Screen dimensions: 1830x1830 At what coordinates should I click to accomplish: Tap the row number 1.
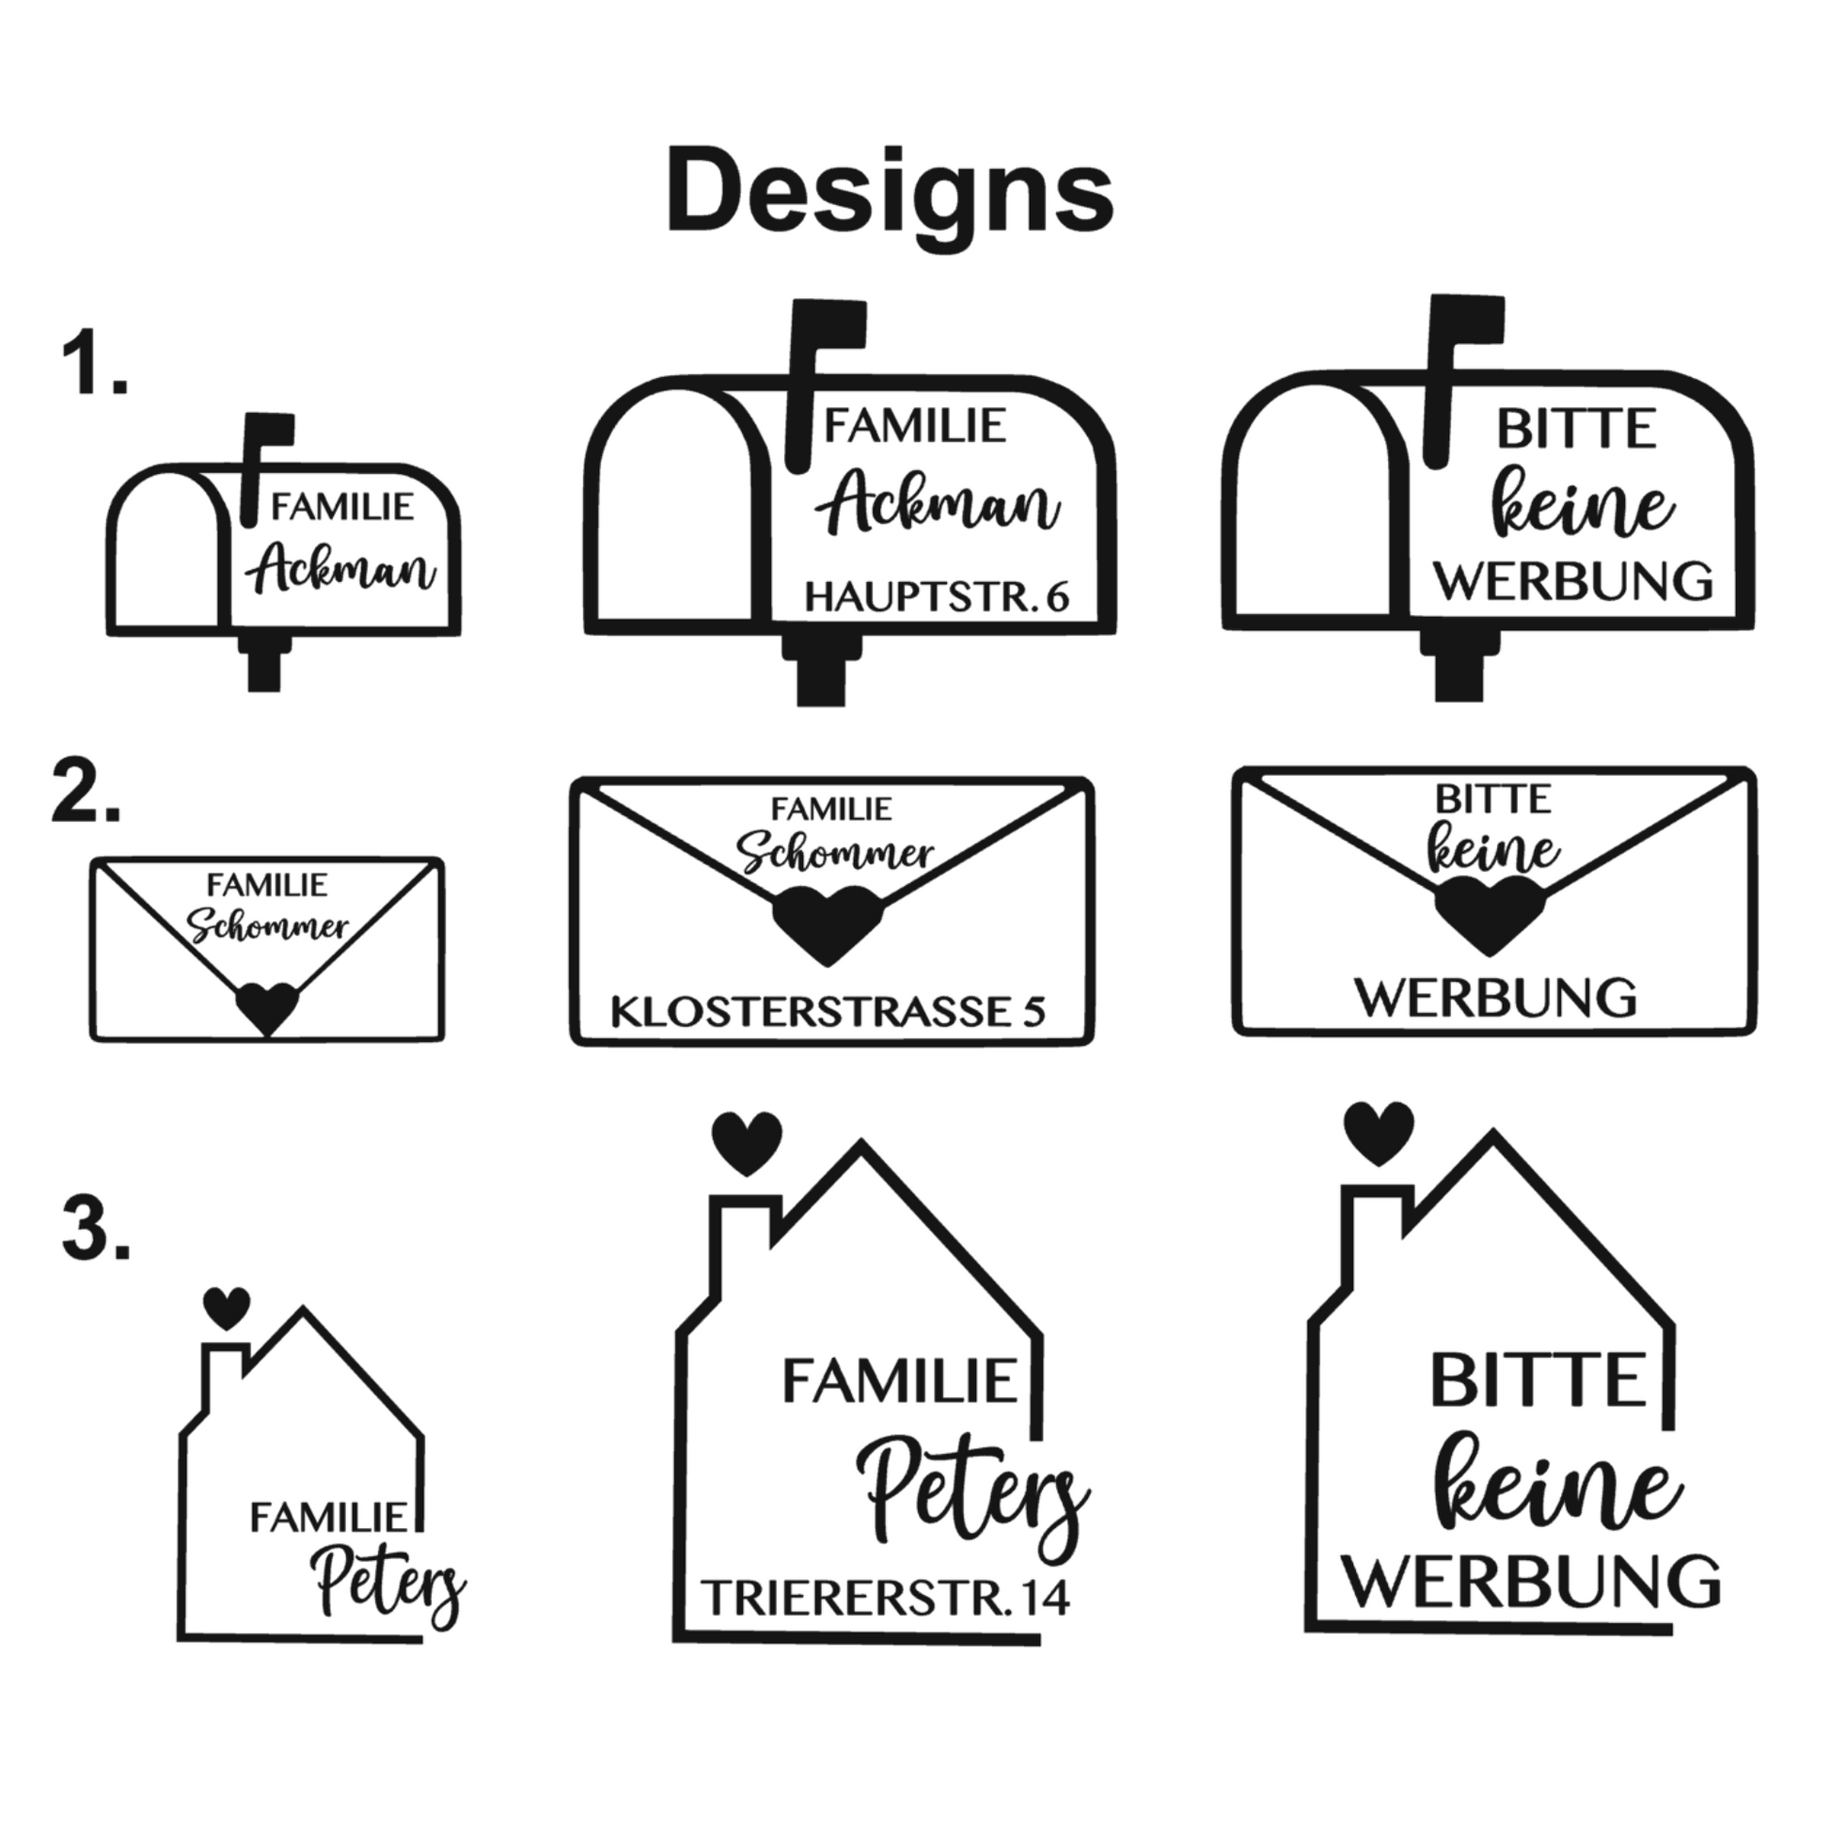(93, 363)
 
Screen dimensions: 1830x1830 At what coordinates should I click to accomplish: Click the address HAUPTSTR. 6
(936, 598)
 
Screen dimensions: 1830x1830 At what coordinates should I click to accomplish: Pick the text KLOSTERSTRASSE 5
(827, 1012)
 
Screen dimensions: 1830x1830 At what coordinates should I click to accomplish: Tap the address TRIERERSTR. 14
(885, 1598)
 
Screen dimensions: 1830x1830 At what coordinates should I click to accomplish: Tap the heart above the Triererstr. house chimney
(748, 1142)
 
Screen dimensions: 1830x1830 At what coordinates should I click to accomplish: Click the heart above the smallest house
(228, 1308)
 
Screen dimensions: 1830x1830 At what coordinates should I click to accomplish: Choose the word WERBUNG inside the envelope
(1495, 999)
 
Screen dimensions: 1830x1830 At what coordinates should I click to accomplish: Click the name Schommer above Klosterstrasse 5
(835, 853)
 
